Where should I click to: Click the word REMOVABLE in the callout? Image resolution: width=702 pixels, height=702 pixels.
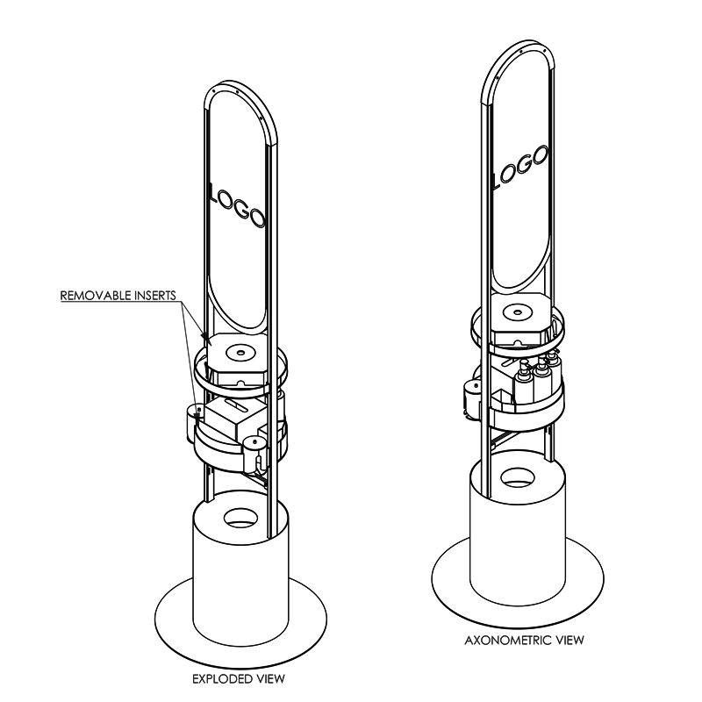[x=92, y=296]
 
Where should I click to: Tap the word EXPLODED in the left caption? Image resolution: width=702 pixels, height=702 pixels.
[x=219, y=679]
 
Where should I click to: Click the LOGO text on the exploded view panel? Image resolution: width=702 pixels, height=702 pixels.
[x=237, y=204]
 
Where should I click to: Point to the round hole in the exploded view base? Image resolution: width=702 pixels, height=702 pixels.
[x=240, y=518]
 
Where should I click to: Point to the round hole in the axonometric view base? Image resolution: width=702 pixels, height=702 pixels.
[x=518, y=477]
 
